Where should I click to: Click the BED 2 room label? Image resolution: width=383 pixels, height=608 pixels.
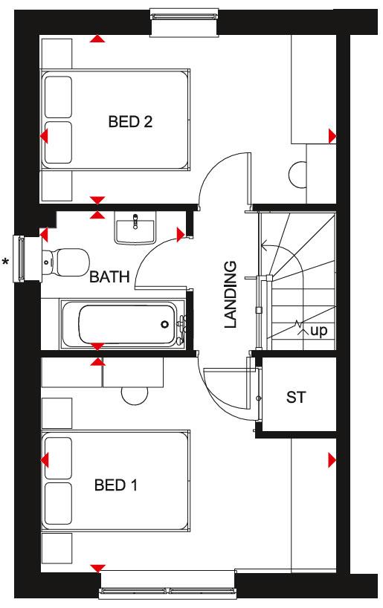(x=130, y=122)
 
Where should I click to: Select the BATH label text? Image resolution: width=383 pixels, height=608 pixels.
(x=109, y=277)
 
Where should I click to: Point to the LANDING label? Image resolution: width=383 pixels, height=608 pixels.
(x=231, y=294)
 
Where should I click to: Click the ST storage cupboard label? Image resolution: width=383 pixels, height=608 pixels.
(x=296, y=398)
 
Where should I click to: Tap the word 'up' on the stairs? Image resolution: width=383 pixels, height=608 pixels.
(x=318, y=330)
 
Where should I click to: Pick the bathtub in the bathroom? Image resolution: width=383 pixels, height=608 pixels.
(x=123, y=323)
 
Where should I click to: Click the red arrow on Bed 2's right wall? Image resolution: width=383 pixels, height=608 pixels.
(x=332, y=136)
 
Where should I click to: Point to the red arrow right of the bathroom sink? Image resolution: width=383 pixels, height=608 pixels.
(x=181, y=235)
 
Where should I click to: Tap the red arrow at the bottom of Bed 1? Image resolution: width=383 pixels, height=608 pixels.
(x=96, y=569)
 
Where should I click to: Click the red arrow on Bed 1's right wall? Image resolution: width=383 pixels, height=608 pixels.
(x=332, y=462)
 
